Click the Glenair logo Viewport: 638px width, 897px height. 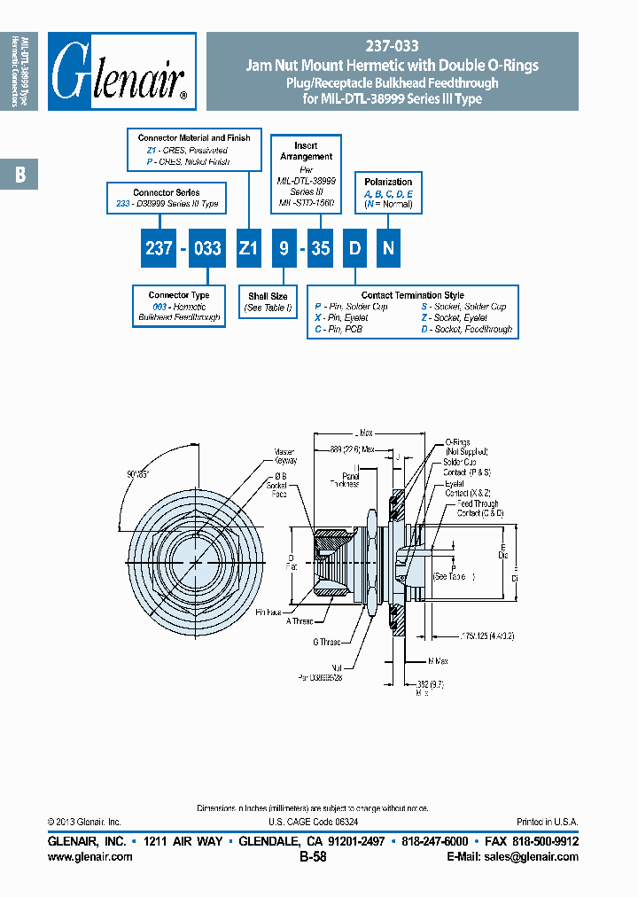click(121, 72)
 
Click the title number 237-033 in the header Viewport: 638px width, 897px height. click(392, 47)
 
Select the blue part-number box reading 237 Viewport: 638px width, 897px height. click(159, 249)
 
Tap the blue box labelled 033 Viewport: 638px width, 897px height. click(207, 249)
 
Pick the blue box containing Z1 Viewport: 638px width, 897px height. click(248, 249)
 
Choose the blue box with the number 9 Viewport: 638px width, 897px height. click(284, 249)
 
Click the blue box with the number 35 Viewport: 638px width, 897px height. click(320, 249)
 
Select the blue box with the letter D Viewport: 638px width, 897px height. click(354, 249)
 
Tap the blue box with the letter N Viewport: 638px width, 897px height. click(387, 249)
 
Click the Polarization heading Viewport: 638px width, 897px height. click(388, 182)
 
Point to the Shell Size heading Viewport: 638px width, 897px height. click(268, 296)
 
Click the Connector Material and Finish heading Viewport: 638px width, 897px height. click(194, 138)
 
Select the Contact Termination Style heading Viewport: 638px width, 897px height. click(412, 295)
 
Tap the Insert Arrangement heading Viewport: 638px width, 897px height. click(307, 151)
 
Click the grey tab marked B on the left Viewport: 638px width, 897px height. click(19, 175)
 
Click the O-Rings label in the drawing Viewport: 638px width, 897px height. click(457, 441)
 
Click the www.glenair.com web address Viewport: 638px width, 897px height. click(89, 857)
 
